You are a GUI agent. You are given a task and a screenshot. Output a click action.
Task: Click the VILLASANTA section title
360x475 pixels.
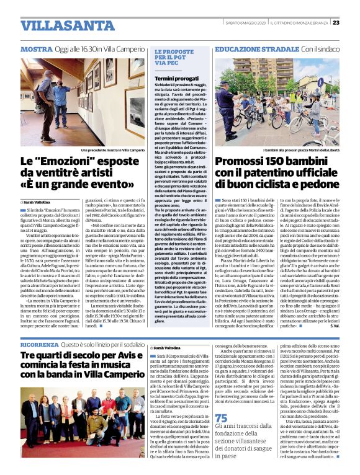click(68, 26)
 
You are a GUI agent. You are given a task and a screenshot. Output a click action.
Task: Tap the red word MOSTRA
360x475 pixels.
click(36, 49)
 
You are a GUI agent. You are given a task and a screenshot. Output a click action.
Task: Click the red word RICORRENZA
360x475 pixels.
click(40, 344)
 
